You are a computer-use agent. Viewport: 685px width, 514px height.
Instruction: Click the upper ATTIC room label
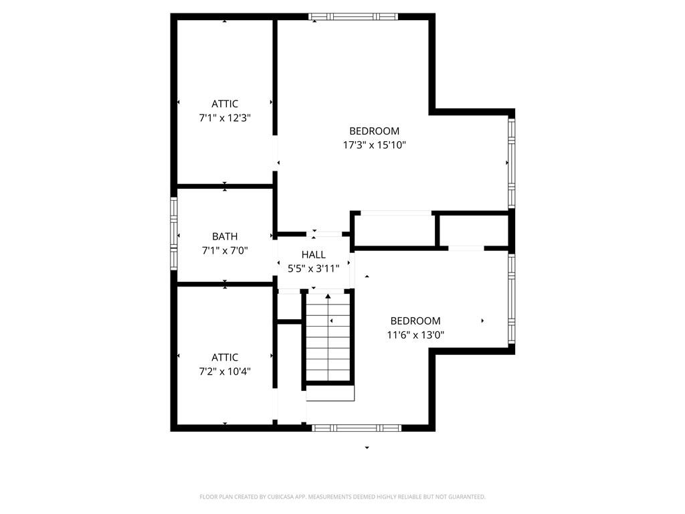tap(225, 104)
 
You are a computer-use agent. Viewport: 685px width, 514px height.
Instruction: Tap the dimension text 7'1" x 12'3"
tap(225, 118)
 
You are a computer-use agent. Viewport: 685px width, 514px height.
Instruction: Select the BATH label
tap(225, 236)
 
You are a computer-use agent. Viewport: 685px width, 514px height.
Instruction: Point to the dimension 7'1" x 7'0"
tap(225, 251)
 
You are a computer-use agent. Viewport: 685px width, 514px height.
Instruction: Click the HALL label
tap(313, 255)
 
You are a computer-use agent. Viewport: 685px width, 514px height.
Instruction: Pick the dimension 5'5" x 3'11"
tap(313, 269)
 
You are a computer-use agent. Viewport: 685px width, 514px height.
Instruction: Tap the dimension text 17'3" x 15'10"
tap(375, 145)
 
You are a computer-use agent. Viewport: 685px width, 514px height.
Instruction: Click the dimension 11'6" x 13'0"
tap(415, 335)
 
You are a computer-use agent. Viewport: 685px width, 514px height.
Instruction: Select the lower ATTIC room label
tap(225, 357)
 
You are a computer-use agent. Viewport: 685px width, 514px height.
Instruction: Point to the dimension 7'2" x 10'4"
tap(225, 371)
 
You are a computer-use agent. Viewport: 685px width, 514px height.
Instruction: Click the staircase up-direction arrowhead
tap(328, 296)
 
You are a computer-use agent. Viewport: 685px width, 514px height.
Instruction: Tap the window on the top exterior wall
tap(353, 17)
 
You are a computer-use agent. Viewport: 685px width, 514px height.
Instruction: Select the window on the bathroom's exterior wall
tap(174, 234)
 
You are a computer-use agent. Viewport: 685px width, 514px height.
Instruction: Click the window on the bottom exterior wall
tap(356, 428)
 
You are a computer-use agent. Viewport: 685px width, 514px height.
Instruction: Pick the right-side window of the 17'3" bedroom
tap(512, 163)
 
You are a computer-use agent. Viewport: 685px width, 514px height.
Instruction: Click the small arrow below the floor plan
tap(367, 448)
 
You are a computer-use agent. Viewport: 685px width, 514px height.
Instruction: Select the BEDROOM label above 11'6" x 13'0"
tap(415, 321)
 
